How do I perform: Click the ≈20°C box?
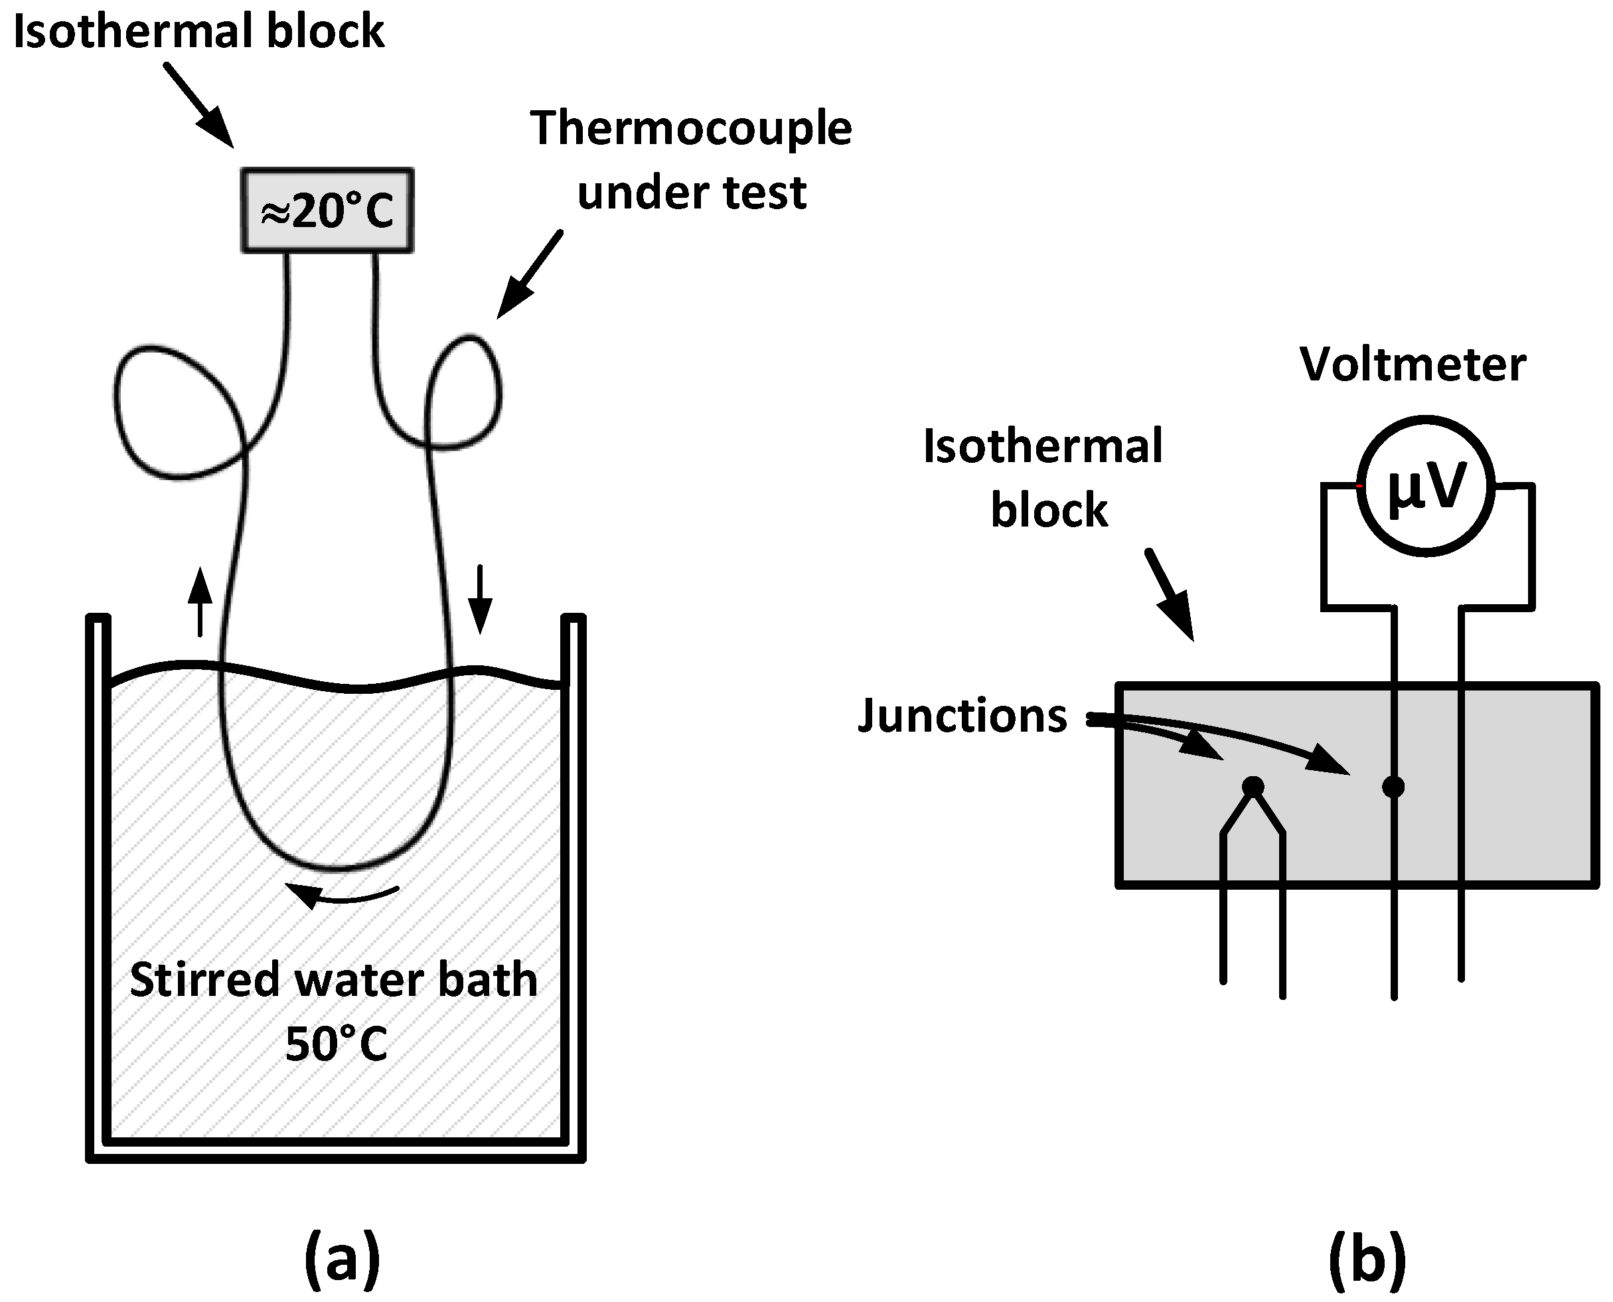pos(327,210)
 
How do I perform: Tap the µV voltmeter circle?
pos(1426,487)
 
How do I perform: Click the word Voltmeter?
pos(1412,365)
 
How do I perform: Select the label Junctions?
pos(962,716)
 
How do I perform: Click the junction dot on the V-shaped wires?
pos(1253,787)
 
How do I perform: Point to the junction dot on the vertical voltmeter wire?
pos(1393,787)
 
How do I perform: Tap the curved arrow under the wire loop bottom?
pos(342,893)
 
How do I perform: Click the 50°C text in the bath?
pos(337,1043)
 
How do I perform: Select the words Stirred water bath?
pos(334,979)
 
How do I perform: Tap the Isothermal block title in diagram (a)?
pos(198,31)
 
